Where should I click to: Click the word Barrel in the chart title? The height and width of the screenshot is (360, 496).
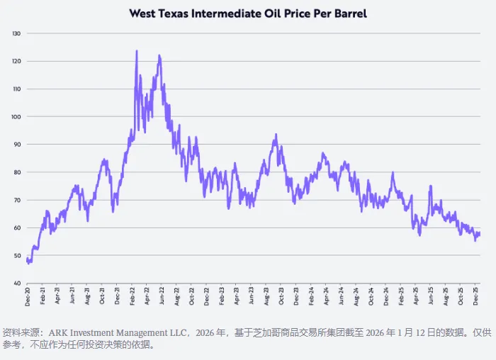pos(347,13)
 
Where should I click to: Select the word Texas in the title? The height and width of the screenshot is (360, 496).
pos(183,13)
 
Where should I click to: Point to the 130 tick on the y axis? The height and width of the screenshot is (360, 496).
pos(16,33)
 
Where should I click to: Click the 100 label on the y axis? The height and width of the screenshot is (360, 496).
pos(16,117)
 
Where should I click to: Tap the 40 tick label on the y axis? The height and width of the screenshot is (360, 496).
pos(18,283)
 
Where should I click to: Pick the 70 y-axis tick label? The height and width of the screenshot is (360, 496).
pos(18,200)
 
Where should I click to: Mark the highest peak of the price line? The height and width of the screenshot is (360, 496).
pos(136,51)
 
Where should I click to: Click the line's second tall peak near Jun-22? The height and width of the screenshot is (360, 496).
pos(159,55)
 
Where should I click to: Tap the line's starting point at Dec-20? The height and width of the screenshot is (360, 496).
pos(27,260)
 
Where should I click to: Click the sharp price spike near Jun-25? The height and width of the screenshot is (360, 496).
pos(430,186)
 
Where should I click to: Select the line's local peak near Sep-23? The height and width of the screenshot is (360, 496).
pos(274,135)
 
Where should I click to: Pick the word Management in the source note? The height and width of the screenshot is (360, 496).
pos(134,332)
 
